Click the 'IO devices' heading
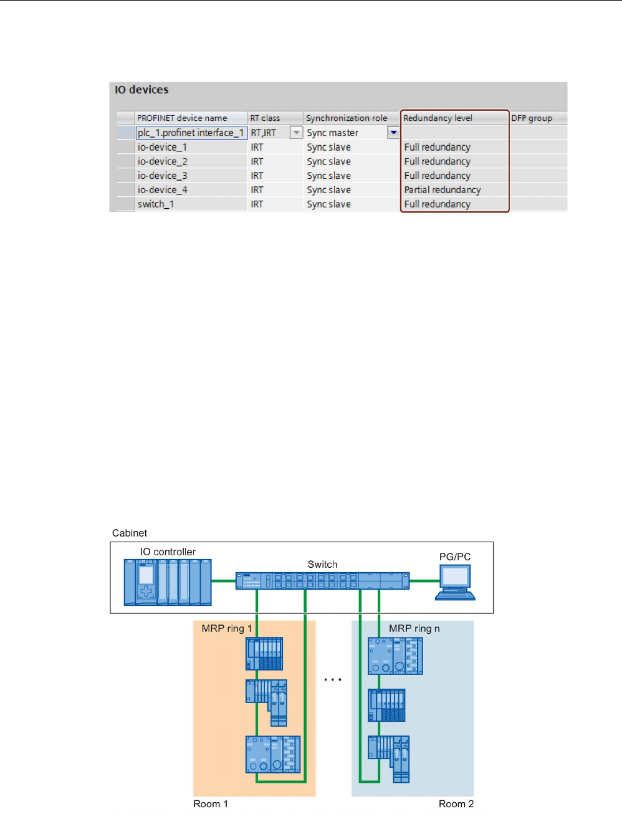click(141, 90)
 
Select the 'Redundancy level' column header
click(438, 118)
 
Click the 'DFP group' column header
click(532, 118)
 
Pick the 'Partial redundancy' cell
click(443, 190)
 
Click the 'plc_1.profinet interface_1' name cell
click(191, 133)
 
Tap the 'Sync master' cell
click(333, 133)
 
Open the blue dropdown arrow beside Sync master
click(393, 133)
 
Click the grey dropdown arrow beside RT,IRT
click(297, 133)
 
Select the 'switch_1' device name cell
click(156, 204)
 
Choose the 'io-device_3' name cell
click(162, 176)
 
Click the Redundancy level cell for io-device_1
click(438, 147)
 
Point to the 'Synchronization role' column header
click(347, 118)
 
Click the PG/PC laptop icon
click(455, 582)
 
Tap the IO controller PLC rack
click(168, 582)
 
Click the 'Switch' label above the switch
click(322, 564)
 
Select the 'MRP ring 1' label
click(227, 628)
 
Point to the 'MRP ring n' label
click(414, 628)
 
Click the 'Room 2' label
click(456, 804)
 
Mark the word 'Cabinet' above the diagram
click(130, 533)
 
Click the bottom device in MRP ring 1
click(273, 755)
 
